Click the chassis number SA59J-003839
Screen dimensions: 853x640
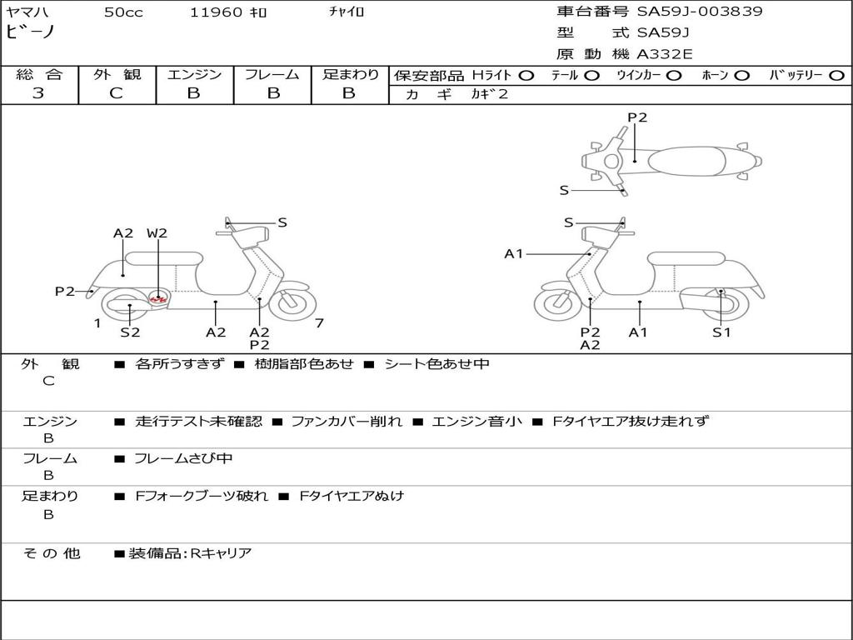click(x=700, y=12)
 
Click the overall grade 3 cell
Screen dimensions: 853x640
click(x=38, y=93)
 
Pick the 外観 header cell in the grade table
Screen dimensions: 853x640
click(x=117, y=74)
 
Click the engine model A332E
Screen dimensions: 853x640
click(x=665, y=54)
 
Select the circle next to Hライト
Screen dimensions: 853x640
click(x=526, y=75)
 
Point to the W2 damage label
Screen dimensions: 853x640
click(x=157, y=233)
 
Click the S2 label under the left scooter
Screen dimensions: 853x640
click(x=130, y=332)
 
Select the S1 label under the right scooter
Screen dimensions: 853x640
click(x=721, y=332)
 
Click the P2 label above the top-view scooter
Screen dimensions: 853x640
click(x=637, y=117)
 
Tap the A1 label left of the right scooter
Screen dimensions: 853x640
click(x=514, y=253)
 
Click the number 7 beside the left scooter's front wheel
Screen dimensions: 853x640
click(x=319, y=323)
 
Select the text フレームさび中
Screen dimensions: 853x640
click(x=183, y=458)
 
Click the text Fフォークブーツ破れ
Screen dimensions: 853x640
click(x=202, y=496)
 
